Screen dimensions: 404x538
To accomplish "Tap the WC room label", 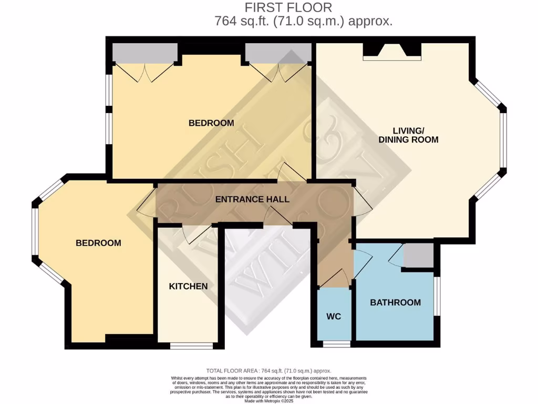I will tap(334, 316).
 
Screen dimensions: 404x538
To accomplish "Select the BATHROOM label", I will tap(395, 302).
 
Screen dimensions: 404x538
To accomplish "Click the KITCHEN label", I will tap(188, 286).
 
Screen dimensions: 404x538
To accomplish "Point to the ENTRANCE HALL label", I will tap(252, 199).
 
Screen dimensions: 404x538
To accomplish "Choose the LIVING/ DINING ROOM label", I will tap(409, 135).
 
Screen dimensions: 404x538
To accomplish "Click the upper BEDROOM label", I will tap(211, 123).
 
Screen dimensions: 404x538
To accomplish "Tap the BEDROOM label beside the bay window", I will tap(98, 243).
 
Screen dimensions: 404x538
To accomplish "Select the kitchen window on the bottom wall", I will tap(192, 346).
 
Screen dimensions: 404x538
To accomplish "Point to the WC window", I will tap(336, 345).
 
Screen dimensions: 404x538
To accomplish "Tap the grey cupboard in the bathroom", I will tap(418, 256).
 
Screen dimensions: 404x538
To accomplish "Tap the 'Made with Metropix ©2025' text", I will tap(268, 402).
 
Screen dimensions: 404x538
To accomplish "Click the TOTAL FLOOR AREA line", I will tap(268, 371).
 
